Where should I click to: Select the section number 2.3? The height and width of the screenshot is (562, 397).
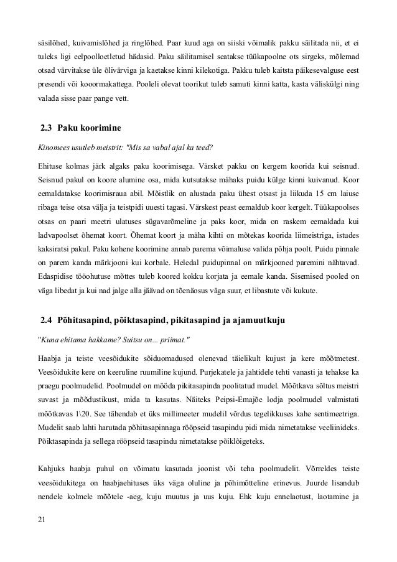pyautogui.click(x=46, y=129)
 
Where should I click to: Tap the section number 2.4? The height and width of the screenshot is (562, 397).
pyautogui.click(x=46, y=321)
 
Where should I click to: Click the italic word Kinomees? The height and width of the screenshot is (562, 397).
pyautogui.click(x=52, y=148)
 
